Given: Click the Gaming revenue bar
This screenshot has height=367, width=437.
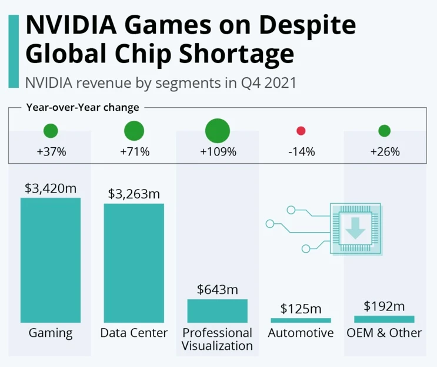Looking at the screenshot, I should click(x=51, y=260).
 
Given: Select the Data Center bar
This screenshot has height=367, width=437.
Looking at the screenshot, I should click(x=134, y=263).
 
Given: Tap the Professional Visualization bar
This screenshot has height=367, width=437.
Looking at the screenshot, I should click(x=217, y=310).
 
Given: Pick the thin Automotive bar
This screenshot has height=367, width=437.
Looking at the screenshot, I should click(x=301, y=320).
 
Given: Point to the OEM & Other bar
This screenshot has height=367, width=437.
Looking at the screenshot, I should click(x=384, y=319).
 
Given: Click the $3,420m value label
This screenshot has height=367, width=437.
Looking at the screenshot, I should click(x=51, y=189).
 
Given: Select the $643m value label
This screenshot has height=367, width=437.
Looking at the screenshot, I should click(x=217, y=290).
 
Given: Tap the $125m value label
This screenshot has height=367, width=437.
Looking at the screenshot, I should click(x=301, y=309).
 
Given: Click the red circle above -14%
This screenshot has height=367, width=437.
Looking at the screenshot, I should click(x=301, y=131).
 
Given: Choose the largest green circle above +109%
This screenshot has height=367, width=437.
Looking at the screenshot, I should click(x=217, y=130).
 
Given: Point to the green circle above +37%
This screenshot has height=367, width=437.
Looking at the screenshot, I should click(x=51, y=131).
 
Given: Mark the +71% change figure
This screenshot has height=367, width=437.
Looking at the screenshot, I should click(x=134, y=151).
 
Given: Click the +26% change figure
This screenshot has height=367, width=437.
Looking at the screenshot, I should click(x=385, y=151).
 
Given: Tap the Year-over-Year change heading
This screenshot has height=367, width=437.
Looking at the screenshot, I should click(x=82, y=108).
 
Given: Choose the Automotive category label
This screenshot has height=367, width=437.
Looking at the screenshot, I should click(x=301, y=333).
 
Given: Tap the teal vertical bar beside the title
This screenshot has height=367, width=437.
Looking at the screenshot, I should click(x=14, y=51).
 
